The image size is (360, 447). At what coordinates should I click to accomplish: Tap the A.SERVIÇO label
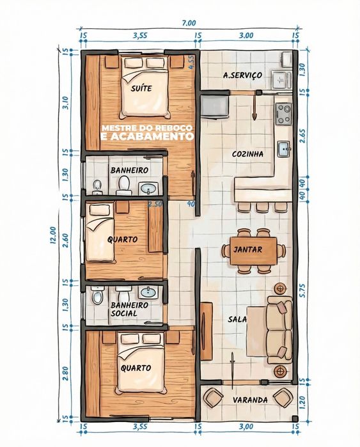(242, 75)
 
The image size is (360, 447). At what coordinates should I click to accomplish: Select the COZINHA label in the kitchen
(247, 154)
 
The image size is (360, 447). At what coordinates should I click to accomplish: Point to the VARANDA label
(250, 400)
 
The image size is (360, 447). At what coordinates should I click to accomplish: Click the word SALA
(237, 319)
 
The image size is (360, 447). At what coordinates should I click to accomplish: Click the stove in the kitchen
(283, 114)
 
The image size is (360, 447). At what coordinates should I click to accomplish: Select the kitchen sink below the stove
(284, 148)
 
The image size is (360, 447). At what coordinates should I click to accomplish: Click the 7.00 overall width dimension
(189, 22)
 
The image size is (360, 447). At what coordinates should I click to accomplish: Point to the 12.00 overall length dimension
(52, 235)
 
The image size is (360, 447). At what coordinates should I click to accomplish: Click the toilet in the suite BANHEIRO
(124, 185)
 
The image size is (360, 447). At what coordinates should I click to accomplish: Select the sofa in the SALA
(279, 330)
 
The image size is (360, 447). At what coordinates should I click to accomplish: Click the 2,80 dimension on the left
(65, 373)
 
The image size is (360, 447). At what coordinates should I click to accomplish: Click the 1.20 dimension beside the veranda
(302, 402)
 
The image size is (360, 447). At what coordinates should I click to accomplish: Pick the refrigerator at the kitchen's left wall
(214, 107)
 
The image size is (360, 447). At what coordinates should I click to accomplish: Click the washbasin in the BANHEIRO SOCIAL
(148, 292)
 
